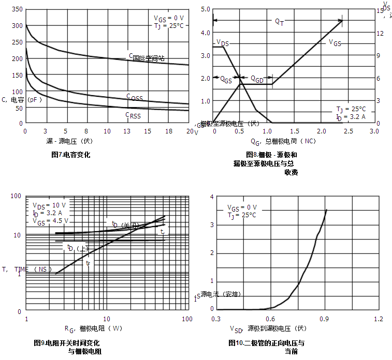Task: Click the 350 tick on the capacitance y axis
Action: (x=17, y=9)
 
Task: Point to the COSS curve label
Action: (x=134, y=97)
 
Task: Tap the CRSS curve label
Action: (x=133, y=115)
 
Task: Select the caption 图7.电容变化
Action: (x=70, y=154)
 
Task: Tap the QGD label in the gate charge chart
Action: (x=257, y=79)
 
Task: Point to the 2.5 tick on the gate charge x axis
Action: (x=347, y=131)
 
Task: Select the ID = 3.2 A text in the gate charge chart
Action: (x=351, y=117)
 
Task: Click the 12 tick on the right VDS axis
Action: (x=380, y=33)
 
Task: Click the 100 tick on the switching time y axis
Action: (x=15, y=196)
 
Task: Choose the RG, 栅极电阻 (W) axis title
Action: (x=93, y=328)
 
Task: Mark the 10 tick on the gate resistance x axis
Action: (x=106, y=319)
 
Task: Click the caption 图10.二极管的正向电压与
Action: (x=266, y=343)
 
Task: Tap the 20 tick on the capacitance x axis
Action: (x=188, y=131)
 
